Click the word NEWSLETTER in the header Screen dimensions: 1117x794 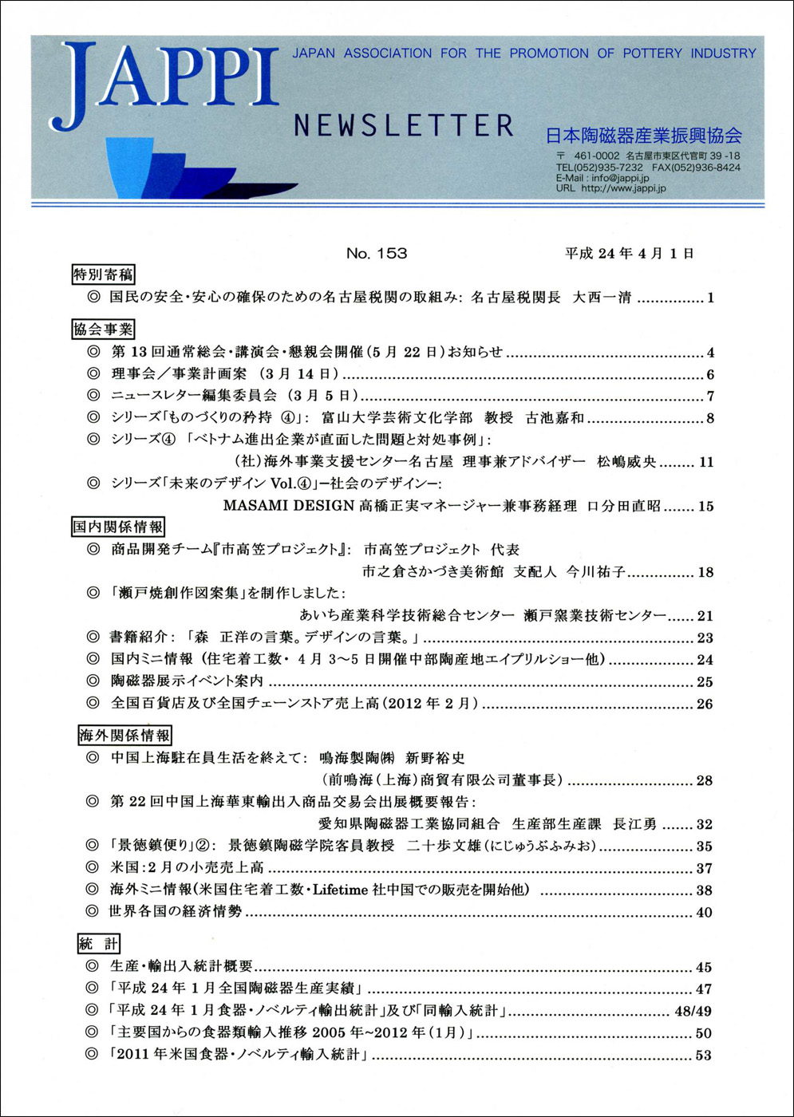point(403,126)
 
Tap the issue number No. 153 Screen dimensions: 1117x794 point(377,254)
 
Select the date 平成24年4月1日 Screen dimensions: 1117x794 point(629,254)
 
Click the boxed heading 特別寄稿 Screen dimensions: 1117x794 point(102,275)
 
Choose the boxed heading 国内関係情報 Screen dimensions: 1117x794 point(118,527)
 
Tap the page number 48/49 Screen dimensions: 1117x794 point(693,1012)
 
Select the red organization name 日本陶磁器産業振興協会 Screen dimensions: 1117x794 point(644,136)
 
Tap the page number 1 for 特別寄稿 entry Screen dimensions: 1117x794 point(710,298)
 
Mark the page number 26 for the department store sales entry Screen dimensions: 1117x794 point(704,704)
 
